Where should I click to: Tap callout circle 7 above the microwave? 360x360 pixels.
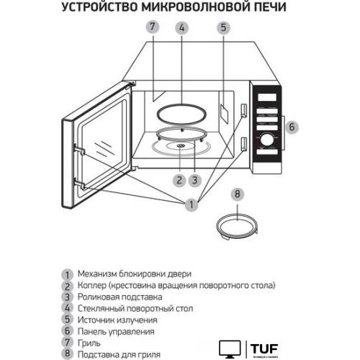pos(152,28)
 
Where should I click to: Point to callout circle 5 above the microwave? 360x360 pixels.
pos(224,28)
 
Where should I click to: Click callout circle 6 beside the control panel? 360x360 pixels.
pos(292,127)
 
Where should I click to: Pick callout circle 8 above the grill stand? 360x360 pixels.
pos(239,194)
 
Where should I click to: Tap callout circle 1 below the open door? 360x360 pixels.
pos(191,205)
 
